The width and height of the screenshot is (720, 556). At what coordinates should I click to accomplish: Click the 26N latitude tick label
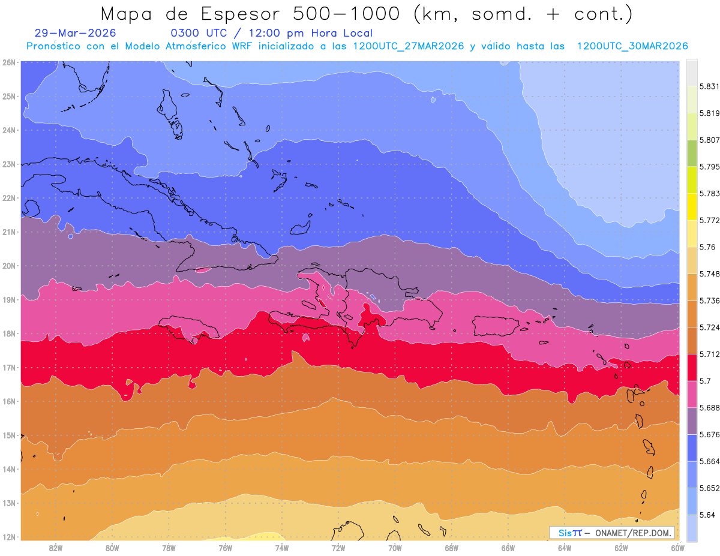8,62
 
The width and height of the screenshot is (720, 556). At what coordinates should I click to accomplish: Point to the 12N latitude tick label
8,537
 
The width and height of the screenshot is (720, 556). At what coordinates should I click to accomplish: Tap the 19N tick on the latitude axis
8,300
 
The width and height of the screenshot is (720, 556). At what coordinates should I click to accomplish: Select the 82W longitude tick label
56,548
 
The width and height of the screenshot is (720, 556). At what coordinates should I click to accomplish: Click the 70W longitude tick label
395,548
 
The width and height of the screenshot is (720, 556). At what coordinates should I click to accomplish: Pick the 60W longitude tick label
677,548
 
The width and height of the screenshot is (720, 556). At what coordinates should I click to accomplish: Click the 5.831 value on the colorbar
709,86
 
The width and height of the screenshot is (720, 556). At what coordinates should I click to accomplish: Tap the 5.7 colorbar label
705,381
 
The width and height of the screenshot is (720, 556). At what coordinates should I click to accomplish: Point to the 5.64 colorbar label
707,515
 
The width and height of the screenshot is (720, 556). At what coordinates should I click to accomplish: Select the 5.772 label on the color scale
709,220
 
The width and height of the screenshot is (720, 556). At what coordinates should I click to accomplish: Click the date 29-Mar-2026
75,33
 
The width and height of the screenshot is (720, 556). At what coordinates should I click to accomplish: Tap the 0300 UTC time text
199,33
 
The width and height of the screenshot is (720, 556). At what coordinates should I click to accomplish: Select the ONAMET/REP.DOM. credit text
633,533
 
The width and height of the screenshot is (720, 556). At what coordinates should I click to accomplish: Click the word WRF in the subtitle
242,46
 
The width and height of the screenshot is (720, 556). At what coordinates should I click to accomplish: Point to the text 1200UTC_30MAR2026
632,46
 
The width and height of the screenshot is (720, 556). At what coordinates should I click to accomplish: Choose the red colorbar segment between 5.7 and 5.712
692,367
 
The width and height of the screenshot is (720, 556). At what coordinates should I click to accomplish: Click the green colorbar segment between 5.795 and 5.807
692,153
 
